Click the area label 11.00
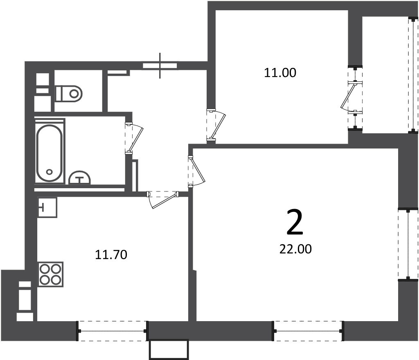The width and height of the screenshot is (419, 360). click(280, 73)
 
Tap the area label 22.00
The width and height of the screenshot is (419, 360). click(295, 249)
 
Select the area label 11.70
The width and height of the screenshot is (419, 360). click(111, 254)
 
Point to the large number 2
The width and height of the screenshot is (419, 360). click(295, 222)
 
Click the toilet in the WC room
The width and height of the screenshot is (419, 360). click(69, 93)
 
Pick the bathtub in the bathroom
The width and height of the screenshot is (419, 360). click(50, 153)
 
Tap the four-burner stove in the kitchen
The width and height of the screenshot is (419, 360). click(50, 274)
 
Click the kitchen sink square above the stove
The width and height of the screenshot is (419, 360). click(47, 207)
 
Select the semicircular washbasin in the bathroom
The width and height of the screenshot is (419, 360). click(80, 178)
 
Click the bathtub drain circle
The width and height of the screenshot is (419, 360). click(49, 172)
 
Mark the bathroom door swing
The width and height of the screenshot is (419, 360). click(134, 138)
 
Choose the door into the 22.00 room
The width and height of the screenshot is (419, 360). click(196, 171)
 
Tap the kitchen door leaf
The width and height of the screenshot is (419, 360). click(163, 200)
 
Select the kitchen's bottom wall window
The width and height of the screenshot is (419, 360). click(112, 331)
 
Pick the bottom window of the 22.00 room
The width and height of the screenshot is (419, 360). click(308, 331)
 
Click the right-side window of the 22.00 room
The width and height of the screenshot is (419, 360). click(408, 244)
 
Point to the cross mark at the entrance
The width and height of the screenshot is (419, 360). click(160, 66)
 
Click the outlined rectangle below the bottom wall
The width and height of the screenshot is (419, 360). click(169, 350)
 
